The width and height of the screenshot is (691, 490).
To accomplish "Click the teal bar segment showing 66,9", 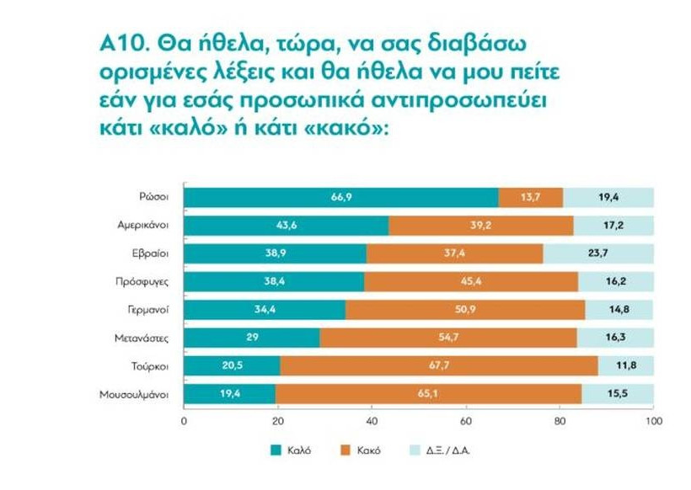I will pos(341,197).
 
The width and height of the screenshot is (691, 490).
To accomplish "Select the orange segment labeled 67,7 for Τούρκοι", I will pos(438,365).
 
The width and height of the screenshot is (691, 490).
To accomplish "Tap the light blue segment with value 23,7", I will pos(597,253).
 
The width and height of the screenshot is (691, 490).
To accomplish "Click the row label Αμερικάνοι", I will pos(146,226).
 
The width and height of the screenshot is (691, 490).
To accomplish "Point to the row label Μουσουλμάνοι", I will pos(140,394).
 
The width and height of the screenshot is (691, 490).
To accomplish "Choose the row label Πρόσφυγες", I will pos(148,282).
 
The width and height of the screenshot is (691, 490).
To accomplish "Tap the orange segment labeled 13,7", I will pos(530,197).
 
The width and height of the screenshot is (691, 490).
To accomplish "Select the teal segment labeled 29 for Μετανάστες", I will pos(251,338).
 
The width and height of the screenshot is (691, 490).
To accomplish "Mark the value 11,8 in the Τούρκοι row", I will pos(624,365).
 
